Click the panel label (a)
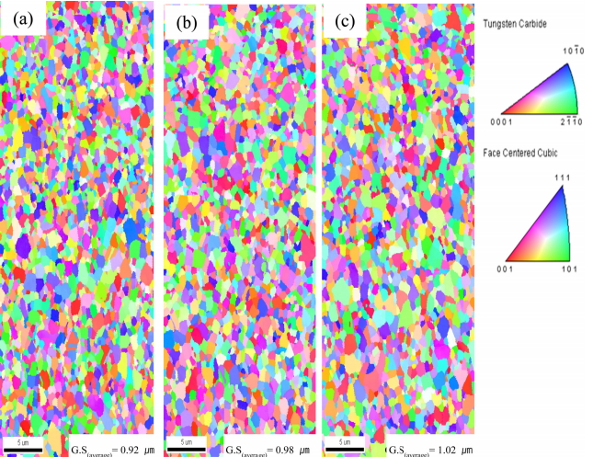[x=22, y=17]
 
